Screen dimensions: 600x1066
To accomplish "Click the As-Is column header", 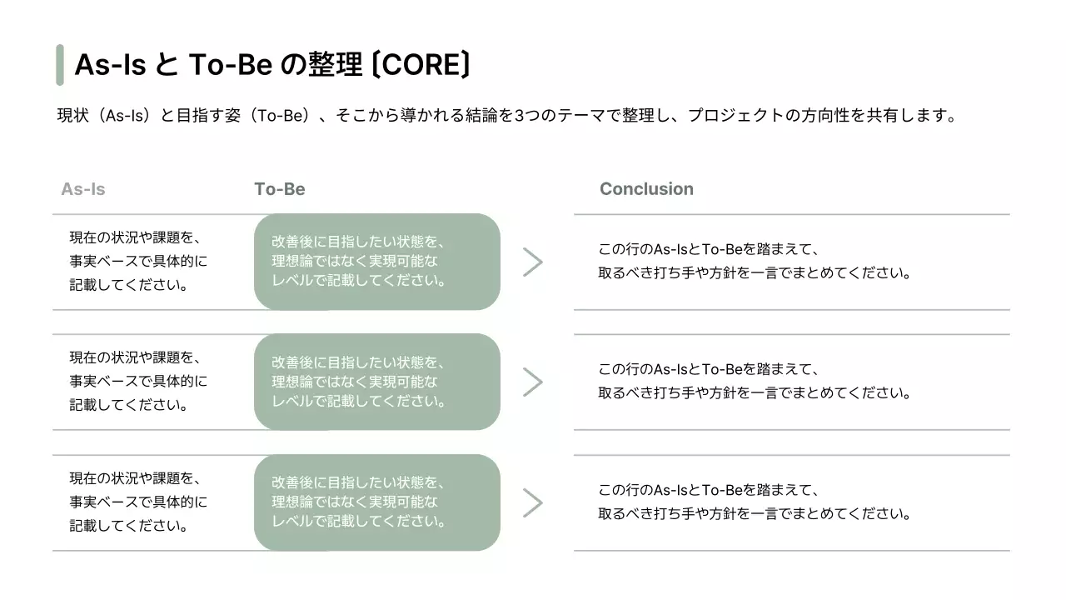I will (x=83, y=189).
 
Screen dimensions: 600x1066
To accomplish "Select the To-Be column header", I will (x=280, y=189).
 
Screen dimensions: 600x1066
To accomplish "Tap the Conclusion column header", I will (x=646, y=189).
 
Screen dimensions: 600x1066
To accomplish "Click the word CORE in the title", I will (x=421, y=64).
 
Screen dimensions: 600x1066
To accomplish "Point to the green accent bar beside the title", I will (x=60, y=65).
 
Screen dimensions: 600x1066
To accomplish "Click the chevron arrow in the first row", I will (x=532, y=262).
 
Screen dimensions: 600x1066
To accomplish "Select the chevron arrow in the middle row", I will (x=532, y=382).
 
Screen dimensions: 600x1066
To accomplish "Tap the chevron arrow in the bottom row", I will (x=532, y=502).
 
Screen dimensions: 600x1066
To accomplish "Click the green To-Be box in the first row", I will (x=376, y=262).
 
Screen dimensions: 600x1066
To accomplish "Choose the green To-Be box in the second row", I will (x=376, y=382).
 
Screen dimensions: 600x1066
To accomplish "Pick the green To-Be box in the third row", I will (x=376, y=502).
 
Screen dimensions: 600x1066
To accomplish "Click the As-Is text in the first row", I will (x=138, y=261).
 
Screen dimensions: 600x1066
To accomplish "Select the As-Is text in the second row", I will (x=138, y=382).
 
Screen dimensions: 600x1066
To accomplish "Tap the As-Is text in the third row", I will (x=138, y=502).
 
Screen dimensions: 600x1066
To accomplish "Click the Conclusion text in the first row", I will (x=754, y=261).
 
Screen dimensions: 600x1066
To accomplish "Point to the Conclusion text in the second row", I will (x=754, y=381).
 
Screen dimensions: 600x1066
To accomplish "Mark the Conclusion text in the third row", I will (x=754, y=502).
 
